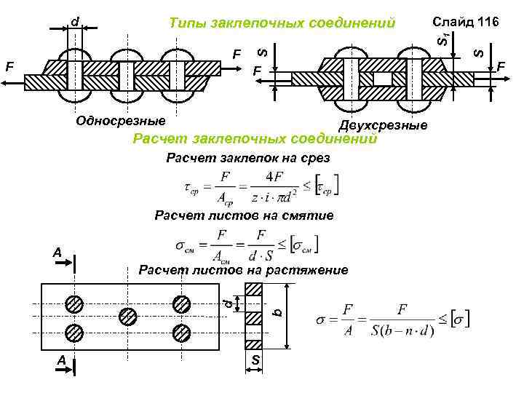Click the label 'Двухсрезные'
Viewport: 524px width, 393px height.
tap(383, 126)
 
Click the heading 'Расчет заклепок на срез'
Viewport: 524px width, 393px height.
tap(248, 158)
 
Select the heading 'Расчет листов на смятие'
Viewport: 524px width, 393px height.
tap(244, 215)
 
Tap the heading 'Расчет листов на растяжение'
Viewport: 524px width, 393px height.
tap(244, 271)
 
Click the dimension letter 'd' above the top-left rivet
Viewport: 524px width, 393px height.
tap(76, 22)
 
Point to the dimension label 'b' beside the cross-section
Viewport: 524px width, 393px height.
tap(276, 312)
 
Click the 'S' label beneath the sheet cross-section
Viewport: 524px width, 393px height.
tap(255, 361)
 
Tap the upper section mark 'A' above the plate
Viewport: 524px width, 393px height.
tap(57, 253)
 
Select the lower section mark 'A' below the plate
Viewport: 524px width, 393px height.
tap(62, 360)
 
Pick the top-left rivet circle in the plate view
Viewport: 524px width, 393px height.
tap(74, 303)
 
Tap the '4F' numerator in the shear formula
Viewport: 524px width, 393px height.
tap(275, 176)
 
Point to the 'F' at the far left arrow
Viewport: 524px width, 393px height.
tap(9, 66)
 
